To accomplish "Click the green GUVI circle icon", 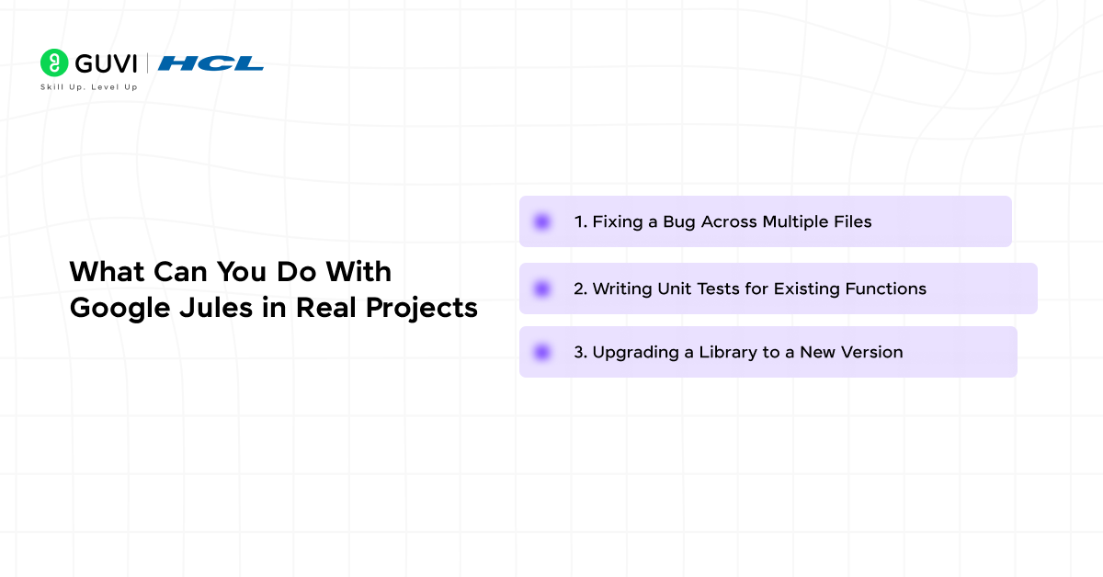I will [54, 62].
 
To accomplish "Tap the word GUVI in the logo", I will [105, 63].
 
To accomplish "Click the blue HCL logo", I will [210, 63].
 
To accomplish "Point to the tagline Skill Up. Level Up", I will [88, 87].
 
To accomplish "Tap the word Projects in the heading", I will [422, 308].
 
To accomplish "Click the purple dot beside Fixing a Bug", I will [542, 221].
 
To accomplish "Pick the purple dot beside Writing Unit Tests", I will [542, 288].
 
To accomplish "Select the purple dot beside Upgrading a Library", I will [542, 352].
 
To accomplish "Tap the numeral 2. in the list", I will [580, 288].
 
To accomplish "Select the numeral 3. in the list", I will [580, 352].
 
